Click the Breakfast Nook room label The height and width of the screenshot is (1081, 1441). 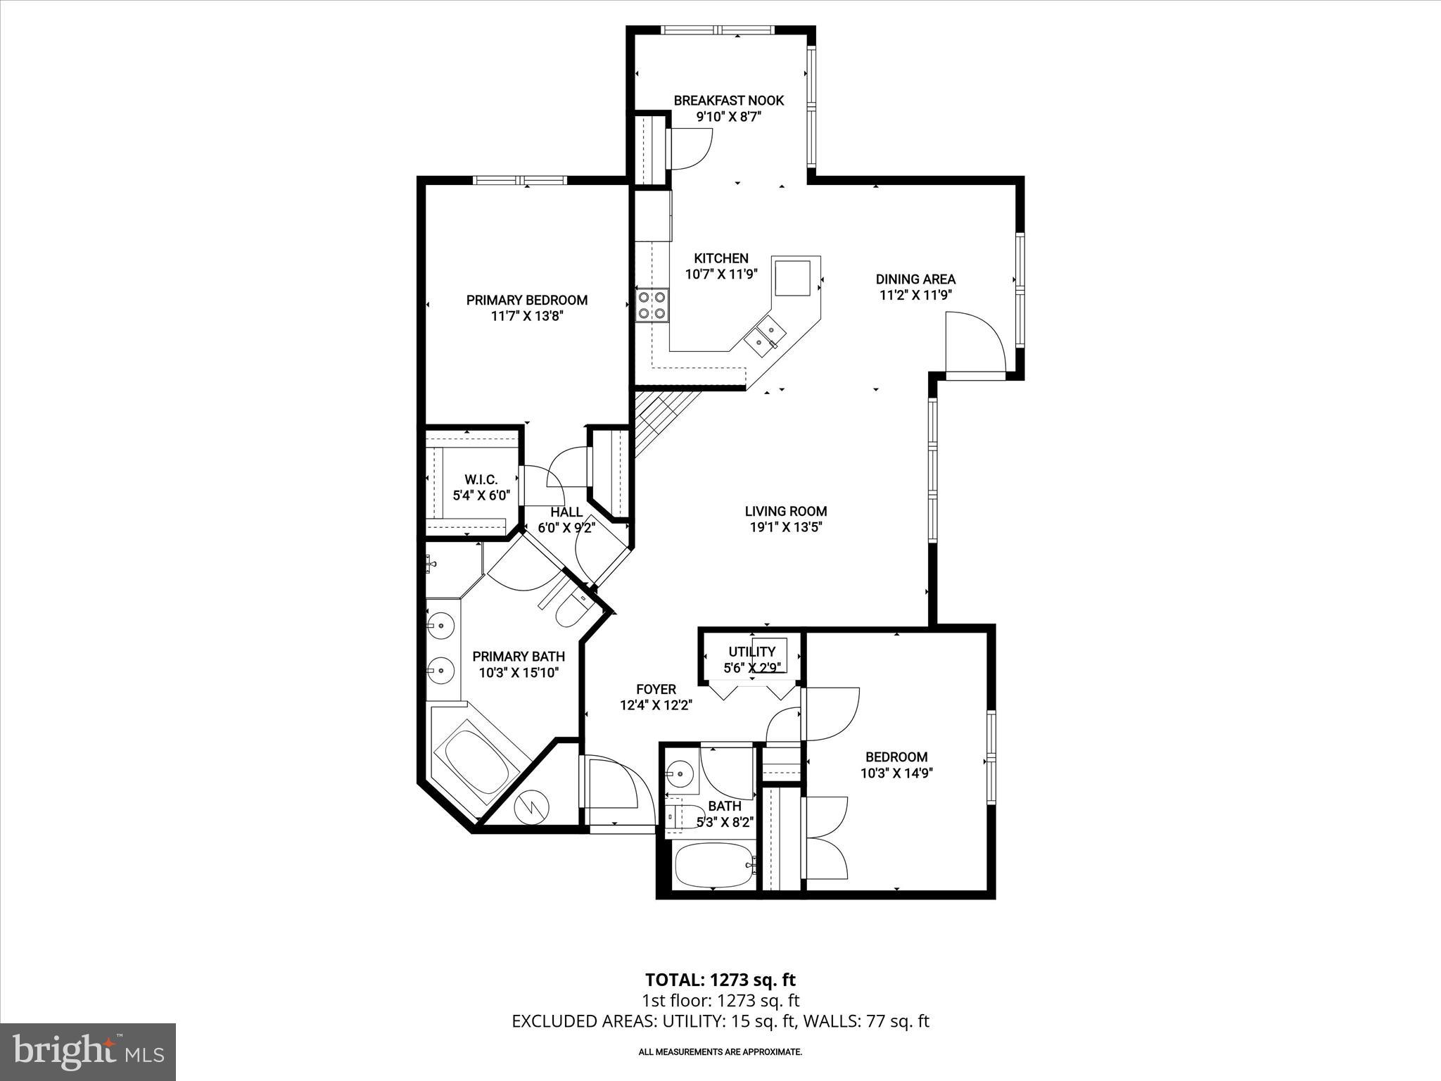click(728, 101)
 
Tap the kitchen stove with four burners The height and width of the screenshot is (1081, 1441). click(652, 305)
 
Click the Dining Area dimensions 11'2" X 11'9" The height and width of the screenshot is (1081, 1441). click(915, 296)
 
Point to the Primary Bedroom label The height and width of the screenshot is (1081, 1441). click(526, 301)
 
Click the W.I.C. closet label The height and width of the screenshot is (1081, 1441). click(481, 479)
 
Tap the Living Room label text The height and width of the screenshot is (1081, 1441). click(785, 512)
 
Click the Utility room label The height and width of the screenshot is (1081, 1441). click(751, 652)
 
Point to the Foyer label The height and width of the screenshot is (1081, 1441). click(656, 690)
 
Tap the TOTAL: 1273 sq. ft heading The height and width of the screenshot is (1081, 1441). click(720, 980)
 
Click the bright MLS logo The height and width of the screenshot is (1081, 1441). click(88, 1051)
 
